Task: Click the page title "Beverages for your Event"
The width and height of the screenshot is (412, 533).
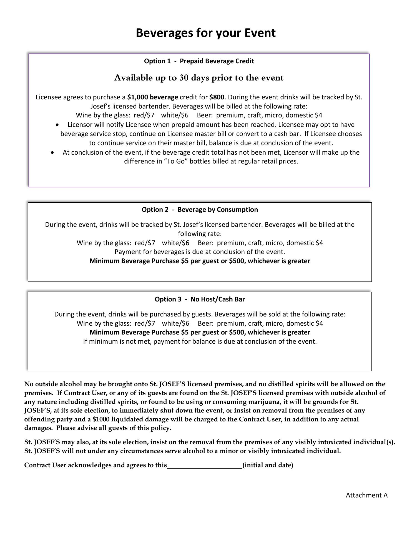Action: (x=205, y=33)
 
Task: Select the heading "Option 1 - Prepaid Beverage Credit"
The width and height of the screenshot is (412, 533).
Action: (x=199, y=61)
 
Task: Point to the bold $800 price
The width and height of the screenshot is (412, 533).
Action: (x=217, y=97)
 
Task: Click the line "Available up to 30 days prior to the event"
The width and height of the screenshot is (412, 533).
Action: (x=199, y=78)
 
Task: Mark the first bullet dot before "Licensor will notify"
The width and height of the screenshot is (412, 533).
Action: (x=57, y=125)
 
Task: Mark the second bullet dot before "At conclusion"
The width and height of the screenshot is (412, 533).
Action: (x=53, y=152)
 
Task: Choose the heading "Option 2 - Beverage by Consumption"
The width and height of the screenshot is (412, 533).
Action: (x=200, y=210)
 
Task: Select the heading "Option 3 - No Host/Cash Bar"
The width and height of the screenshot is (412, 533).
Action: (x=200, y=299)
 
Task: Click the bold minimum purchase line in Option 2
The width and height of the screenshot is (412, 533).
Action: (x=200, y=261)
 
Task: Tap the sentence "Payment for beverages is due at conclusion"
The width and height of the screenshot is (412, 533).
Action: (x=200, y=252)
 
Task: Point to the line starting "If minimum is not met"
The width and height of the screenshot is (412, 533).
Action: (x=200, y=341)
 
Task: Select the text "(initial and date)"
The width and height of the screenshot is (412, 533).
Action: (x=268, y=465)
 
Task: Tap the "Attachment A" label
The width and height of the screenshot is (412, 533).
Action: (x=366, y=495)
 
